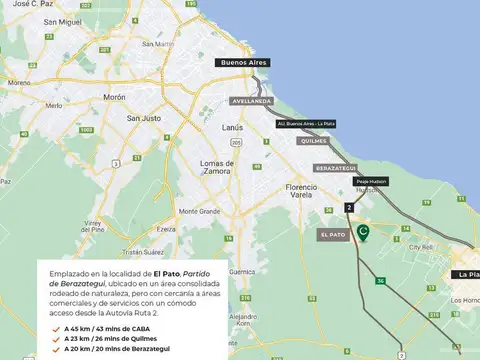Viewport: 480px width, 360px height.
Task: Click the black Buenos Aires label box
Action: click(x=244, y=62)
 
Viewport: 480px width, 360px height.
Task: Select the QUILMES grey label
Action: click(x=312, y=142)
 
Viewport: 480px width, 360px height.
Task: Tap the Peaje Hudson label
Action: click(x=371, y=181)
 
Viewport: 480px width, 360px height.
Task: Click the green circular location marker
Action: click(x=364, y=233)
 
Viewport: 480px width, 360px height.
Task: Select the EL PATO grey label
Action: click(x=333, y=234)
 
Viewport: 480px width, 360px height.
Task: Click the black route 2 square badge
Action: click(x=349, y=206)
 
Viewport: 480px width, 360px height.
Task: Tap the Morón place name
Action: click(x=114, y=98)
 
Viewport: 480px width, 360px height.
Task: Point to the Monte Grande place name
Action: click(x=199, y=211)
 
